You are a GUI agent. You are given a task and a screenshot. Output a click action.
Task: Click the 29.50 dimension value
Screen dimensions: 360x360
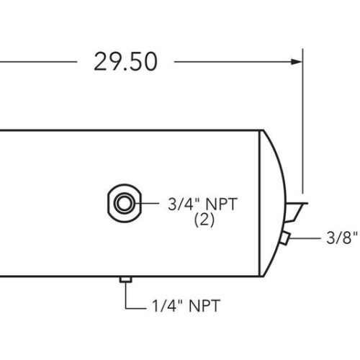point(125,62)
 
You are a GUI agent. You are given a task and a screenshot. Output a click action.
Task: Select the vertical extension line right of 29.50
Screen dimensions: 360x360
point(303,122)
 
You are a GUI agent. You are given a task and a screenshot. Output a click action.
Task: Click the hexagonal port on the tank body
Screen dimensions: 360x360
point(122,204)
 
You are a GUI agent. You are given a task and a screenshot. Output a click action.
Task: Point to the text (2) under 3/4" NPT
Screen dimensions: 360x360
point(206,221)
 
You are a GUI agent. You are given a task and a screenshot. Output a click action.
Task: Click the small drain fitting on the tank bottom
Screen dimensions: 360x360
point(125,279)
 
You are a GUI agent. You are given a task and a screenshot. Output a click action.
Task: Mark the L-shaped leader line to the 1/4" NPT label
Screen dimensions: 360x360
point(127,299)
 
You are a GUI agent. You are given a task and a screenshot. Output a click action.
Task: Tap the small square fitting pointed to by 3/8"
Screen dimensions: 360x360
point(285,238)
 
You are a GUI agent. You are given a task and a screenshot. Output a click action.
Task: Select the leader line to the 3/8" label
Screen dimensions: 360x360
point(306,238)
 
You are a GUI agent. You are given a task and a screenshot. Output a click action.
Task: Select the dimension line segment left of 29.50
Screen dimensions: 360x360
point(36,62)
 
